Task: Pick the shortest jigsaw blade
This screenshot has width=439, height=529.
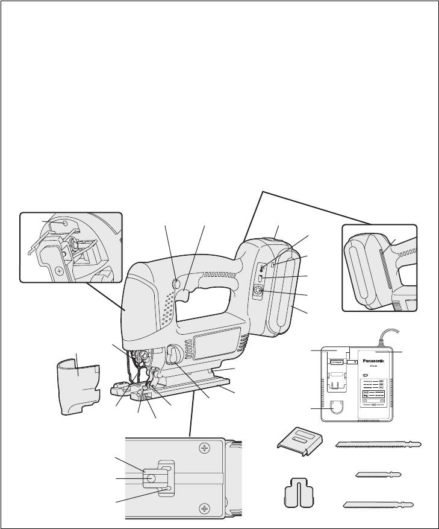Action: [378, 474]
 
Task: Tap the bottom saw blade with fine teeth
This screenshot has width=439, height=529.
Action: [377, 504]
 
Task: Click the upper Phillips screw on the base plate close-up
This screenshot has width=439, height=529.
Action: [205, 448]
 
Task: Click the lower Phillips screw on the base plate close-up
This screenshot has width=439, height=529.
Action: [205, 509]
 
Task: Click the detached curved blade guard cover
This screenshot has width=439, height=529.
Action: [79, 384]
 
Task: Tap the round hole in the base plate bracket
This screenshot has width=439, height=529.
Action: [150, 478]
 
